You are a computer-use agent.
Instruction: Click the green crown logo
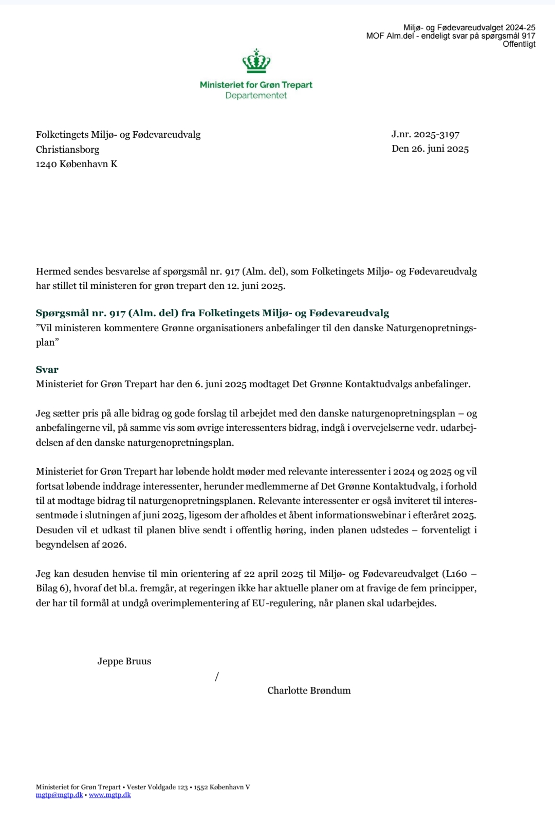(256, 61)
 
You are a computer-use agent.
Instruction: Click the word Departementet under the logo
(256, 96)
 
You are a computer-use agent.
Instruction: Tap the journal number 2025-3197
(436, 134)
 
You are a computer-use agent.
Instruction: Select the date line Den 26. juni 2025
(430, 149)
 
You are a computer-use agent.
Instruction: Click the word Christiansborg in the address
(67, 150)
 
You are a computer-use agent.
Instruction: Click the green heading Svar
(47, 370)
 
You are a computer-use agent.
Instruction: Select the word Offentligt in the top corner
(519, 44)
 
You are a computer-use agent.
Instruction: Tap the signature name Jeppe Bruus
(124, 661)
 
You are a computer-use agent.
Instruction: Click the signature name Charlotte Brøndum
(309, 691)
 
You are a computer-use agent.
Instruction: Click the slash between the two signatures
(217, 677)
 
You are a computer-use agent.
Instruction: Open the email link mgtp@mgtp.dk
(59, 795)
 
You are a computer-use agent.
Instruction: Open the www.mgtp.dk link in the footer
(110, 795)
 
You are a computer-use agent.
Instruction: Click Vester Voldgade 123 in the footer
(157, 787)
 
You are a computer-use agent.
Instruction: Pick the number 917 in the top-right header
(528, 36)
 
